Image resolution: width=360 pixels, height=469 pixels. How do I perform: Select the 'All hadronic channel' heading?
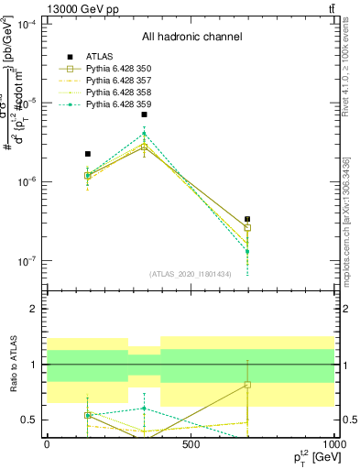(x=191, y=38)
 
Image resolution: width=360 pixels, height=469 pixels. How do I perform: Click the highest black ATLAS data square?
(x=145, y=115)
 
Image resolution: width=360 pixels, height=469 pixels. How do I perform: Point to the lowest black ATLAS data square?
(x=247, y=219)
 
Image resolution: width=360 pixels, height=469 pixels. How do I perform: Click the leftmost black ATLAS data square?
(x=88, y=154)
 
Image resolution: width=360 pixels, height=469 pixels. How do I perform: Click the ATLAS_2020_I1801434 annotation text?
(x=190, y=273)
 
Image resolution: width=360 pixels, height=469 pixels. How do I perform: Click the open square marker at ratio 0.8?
(x=247, y=385)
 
